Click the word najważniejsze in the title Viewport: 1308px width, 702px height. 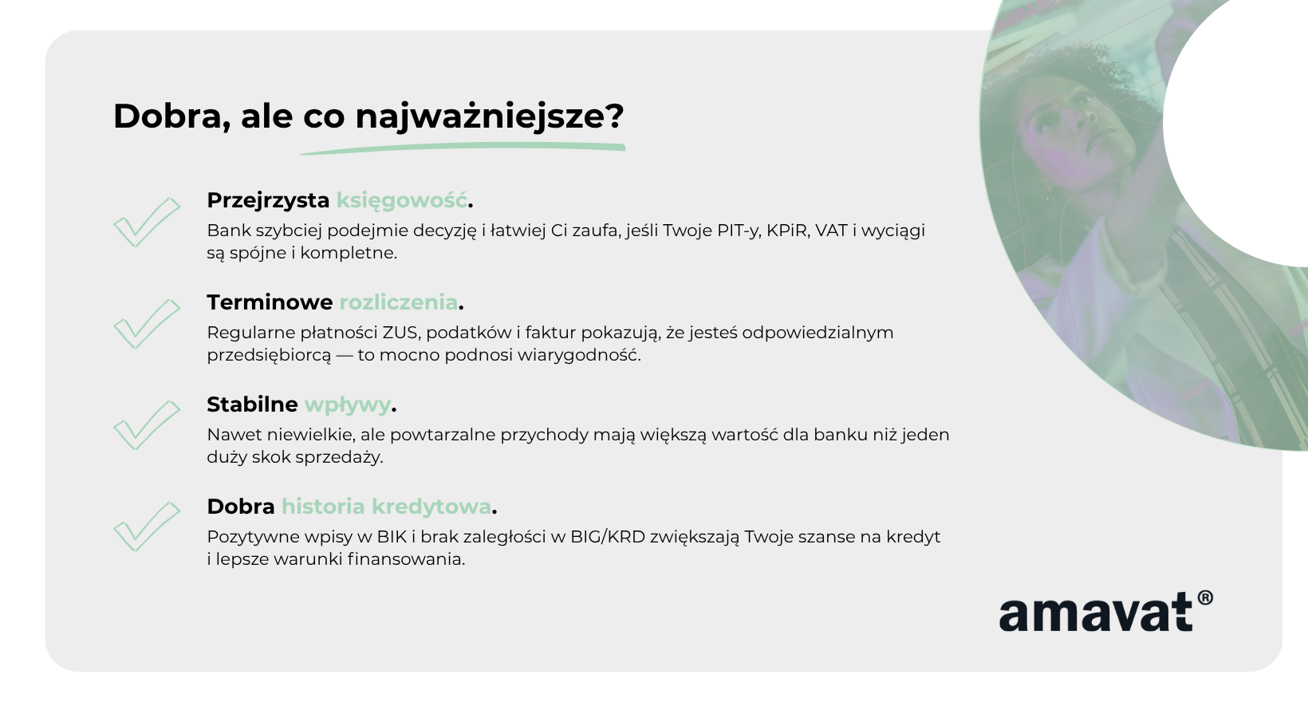click(x=490, y=116)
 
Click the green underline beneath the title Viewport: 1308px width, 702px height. click(x=463, y=148)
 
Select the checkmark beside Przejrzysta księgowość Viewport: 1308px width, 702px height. click(x=147, y=222)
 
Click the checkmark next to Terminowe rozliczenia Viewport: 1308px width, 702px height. click(x=147, y=324)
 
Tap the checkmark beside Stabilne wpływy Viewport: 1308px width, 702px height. click(x=147, y=425)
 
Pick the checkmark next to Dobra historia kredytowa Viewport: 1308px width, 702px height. click(x=147, y=526)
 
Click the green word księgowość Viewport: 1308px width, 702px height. click(x=402, y=201)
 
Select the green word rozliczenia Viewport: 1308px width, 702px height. click(x=398, y=302)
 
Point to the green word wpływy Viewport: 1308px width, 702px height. click(x=348, y=405)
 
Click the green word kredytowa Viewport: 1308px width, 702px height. click(x=431, y=507)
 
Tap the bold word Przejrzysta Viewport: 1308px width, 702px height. click(x=268, y=201)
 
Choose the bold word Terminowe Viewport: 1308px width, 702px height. click(x=270, y=302)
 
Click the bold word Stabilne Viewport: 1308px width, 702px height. click(x=252, y=404)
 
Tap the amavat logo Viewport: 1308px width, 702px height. click(x=1105, y=611)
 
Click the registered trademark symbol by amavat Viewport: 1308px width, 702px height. click(x=1205, y=598)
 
